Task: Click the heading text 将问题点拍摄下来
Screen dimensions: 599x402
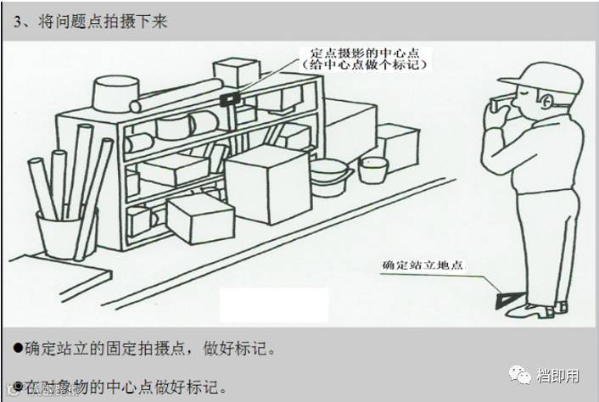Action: click(x=102, y=22)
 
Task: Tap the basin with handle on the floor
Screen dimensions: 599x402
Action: click(x=330, y=177)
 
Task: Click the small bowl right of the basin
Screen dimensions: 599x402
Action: click(x=372, y=170)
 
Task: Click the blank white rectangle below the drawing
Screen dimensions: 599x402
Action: click(x=273, y=304)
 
